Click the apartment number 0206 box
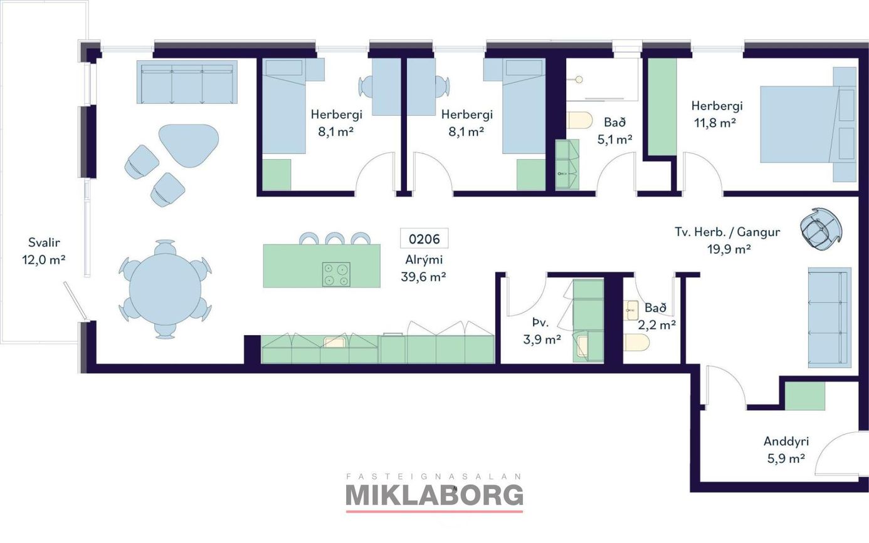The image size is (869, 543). (424, 239)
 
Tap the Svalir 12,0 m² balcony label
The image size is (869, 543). (43, 251)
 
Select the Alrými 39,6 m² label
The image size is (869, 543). (423, 268)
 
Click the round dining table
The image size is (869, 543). (166, 289)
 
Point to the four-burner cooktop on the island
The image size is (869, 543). (336, 274)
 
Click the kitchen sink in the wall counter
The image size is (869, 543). (334, 342)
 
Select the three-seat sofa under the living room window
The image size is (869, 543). (187, 82)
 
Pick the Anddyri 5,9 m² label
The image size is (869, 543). (786, 450)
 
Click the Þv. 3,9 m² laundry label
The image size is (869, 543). (542, 331)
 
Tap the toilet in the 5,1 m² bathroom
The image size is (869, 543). (579, 120)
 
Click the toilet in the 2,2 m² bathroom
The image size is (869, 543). (636, 343)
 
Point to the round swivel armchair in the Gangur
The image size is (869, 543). (821, 228)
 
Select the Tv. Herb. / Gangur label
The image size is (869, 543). (727, 232)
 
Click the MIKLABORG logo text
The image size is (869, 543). (434, 495)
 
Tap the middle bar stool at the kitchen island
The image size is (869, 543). (335, 239)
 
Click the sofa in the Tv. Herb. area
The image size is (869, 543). (829, 318)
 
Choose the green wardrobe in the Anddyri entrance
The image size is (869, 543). (805, 396)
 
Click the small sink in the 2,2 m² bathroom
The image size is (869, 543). (631, 310)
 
